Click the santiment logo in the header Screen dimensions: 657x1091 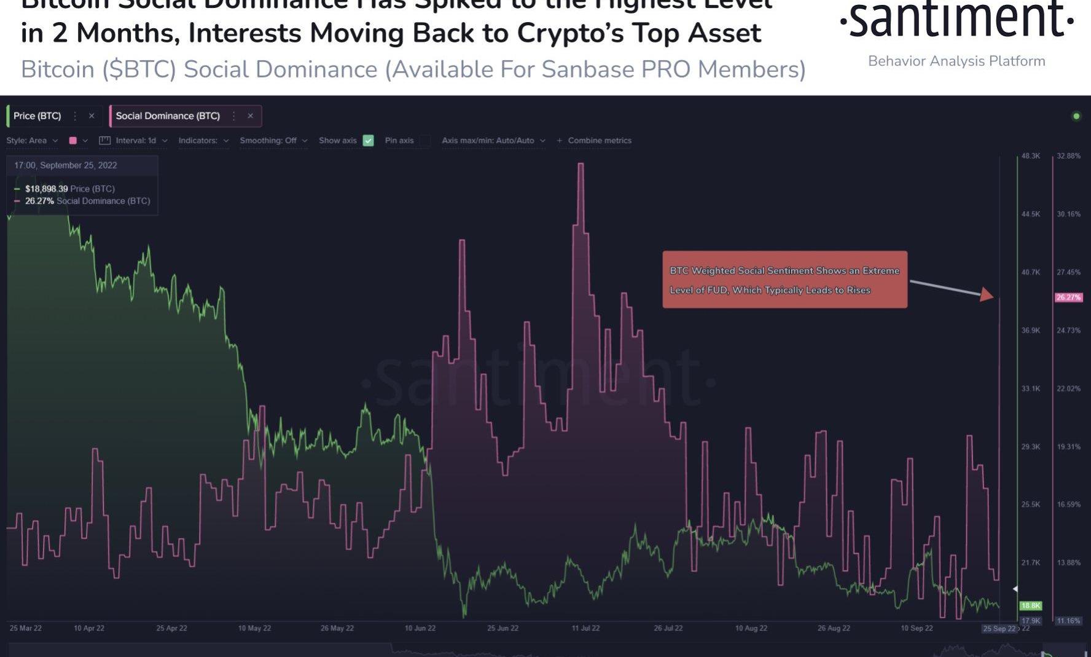coord(956,21)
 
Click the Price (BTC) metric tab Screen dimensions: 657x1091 coord(37,116)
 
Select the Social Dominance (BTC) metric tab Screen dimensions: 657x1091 coord(168,116)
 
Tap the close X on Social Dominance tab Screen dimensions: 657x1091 coord(250,116)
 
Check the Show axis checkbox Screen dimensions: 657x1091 coord(368,141)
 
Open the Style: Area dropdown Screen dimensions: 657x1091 coord(32,141)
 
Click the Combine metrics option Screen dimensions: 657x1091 coord(595,141)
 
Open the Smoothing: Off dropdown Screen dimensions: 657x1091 coord(273,141)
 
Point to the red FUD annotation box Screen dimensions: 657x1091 coord(784,280)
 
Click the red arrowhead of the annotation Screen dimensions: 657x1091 coord(987,294)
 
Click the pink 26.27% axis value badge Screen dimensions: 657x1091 coord(1068,297)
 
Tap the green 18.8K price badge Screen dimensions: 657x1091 coord(1030,606)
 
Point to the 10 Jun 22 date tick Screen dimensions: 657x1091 coord(420,628)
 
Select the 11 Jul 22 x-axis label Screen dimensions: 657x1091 coord(585,628)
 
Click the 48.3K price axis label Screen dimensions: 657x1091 coord(1030,156)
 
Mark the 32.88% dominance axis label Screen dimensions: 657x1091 coord(1068,156)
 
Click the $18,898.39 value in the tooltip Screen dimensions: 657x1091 coord(46,189)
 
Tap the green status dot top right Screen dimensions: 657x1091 coord(1076,116)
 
